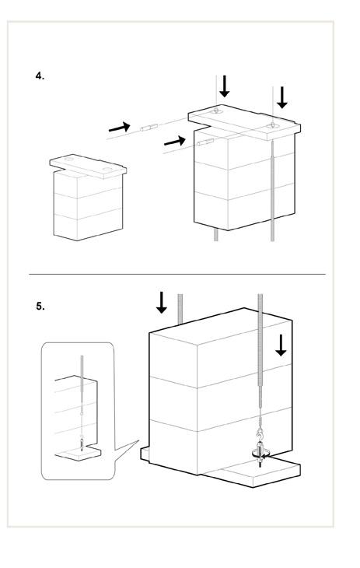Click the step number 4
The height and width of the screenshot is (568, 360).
(40, 76)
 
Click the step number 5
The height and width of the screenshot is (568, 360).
(40, 307)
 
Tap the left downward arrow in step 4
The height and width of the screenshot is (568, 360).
(225, 86)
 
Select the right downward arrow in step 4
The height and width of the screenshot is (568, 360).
(281, 97)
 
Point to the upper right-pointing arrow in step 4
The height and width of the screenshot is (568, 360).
(119, 128)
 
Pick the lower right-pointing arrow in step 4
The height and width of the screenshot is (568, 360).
(175, 141)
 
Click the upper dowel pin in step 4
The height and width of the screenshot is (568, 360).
(149, 127)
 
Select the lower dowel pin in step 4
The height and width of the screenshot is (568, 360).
(205, 142)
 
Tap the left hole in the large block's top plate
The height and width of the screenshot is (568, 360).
(216, 111)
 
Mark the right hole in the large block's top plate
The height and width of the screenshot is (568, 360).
(272, 126)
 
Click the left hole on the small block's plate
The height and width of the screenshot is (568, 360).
(69, 160)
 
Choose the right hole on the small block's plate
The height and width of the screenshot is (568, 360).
(107, 169)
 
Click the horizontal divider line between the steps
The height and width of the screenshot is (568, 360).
(177, 274)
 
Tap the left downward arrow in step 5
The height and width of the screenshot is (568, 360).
(162, 303)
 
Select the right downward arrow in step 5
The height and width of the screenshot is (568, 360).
(281, 345)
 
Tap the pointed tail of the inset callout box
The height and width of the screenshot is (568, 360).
(138, 440)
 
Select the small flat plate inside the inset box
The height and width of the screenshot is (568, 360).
(79, 453)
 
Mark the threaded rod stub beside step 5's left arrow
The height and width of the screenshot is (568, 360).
(180, 309)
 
